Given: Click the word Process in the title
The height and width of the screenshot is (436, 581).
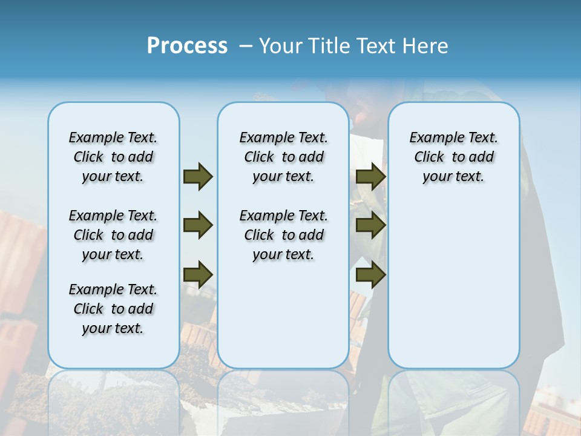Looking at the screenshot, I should click(x=187, y=45).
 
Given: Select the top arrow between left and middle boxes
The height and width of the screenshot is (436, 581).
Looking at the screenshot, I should click(x=198, y=176).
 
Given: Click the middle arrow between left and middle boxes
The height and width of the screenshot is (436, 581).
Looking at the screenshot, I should click(x=198, y=225).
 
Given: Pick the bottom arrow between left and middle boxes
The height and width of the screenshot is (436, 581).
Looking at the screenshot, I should click(x=198, y=274).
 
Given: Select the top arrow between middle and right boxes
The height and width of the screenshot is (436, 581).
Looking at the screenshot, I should click(x=370, y=176).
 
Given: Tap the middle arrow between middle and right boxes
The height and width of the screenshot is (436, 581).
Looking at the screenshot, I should click(x=370, y=225).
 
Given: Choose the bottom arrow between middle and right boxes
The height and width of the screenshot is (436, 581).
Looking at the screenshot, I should click(x=370, y=274).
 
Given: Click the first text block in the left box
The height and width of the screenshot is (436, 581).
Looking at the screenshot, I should click(x=113, y=157).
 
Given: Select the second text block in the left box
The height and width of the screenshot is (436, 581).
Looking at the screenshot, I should click(x=113, y=235).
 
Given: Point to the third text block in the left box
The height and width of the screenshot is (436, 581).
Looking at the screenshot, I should click(x=113, y=309).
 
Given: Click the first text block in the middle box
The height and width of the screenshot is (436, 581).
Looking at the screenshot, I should click(x=283, y=157).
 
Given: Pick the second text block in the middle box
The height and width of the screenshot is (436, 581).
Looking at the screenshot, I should click(x=283, y=235).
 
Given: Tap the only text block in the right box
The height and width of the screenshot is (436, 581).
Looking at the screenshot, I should click(x=454, y=157).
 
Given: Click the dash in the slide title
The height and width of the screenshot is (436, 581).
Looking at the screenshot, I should click(x=246, y=46).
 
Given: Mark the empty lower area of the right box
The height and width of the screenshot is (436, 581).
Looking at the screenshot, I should click(x=454, y=285).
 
